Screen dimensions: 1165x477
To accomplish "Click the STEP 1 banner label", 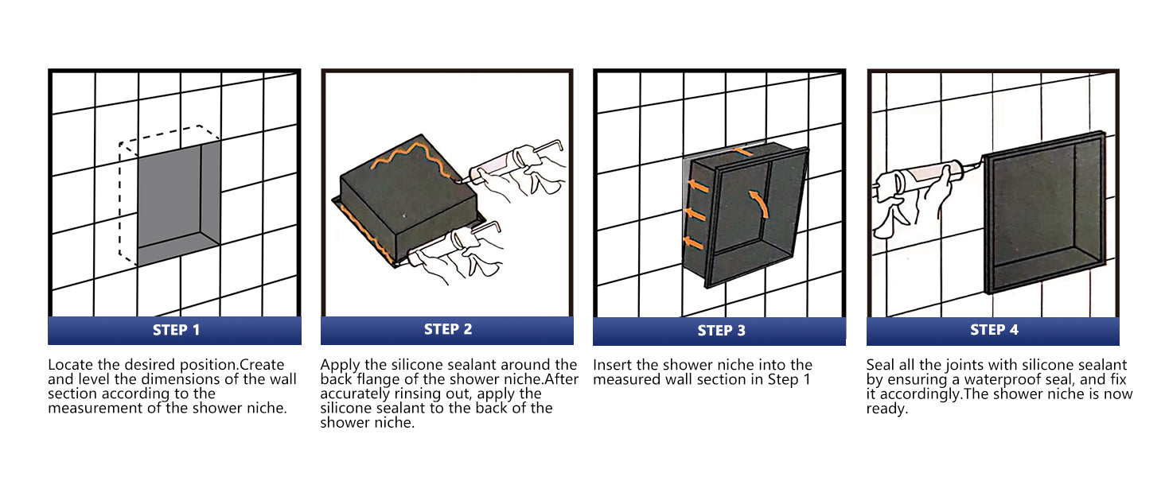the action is [x=176, y=330].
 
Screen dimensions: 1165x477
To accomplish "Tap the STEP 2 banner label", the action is [x=448, y=329].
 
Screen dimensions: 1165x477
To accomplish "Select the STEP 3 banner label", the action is [x=721, y=331].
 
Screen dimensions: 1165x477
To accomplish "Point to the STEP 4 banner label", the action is [x=994, y=329].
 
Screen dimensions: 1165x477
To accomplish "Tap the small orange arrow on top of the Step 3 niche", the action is [x=742, y=151].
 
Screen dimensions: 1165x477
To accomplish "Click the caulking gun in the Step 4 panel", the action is [x=921, y=179].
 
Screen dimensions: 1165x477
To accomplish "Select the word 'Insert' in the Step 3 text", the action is [x=612, y=365].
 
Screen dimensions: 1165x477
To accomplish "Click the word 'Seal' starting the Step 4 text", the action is [x=880, y=365].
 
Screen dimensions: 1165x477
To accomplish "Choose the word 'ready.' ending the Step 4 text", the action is [x=886, y=409].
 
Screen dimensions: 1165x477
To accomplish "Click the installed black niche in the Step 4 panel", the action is [x=1044, y=212].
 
